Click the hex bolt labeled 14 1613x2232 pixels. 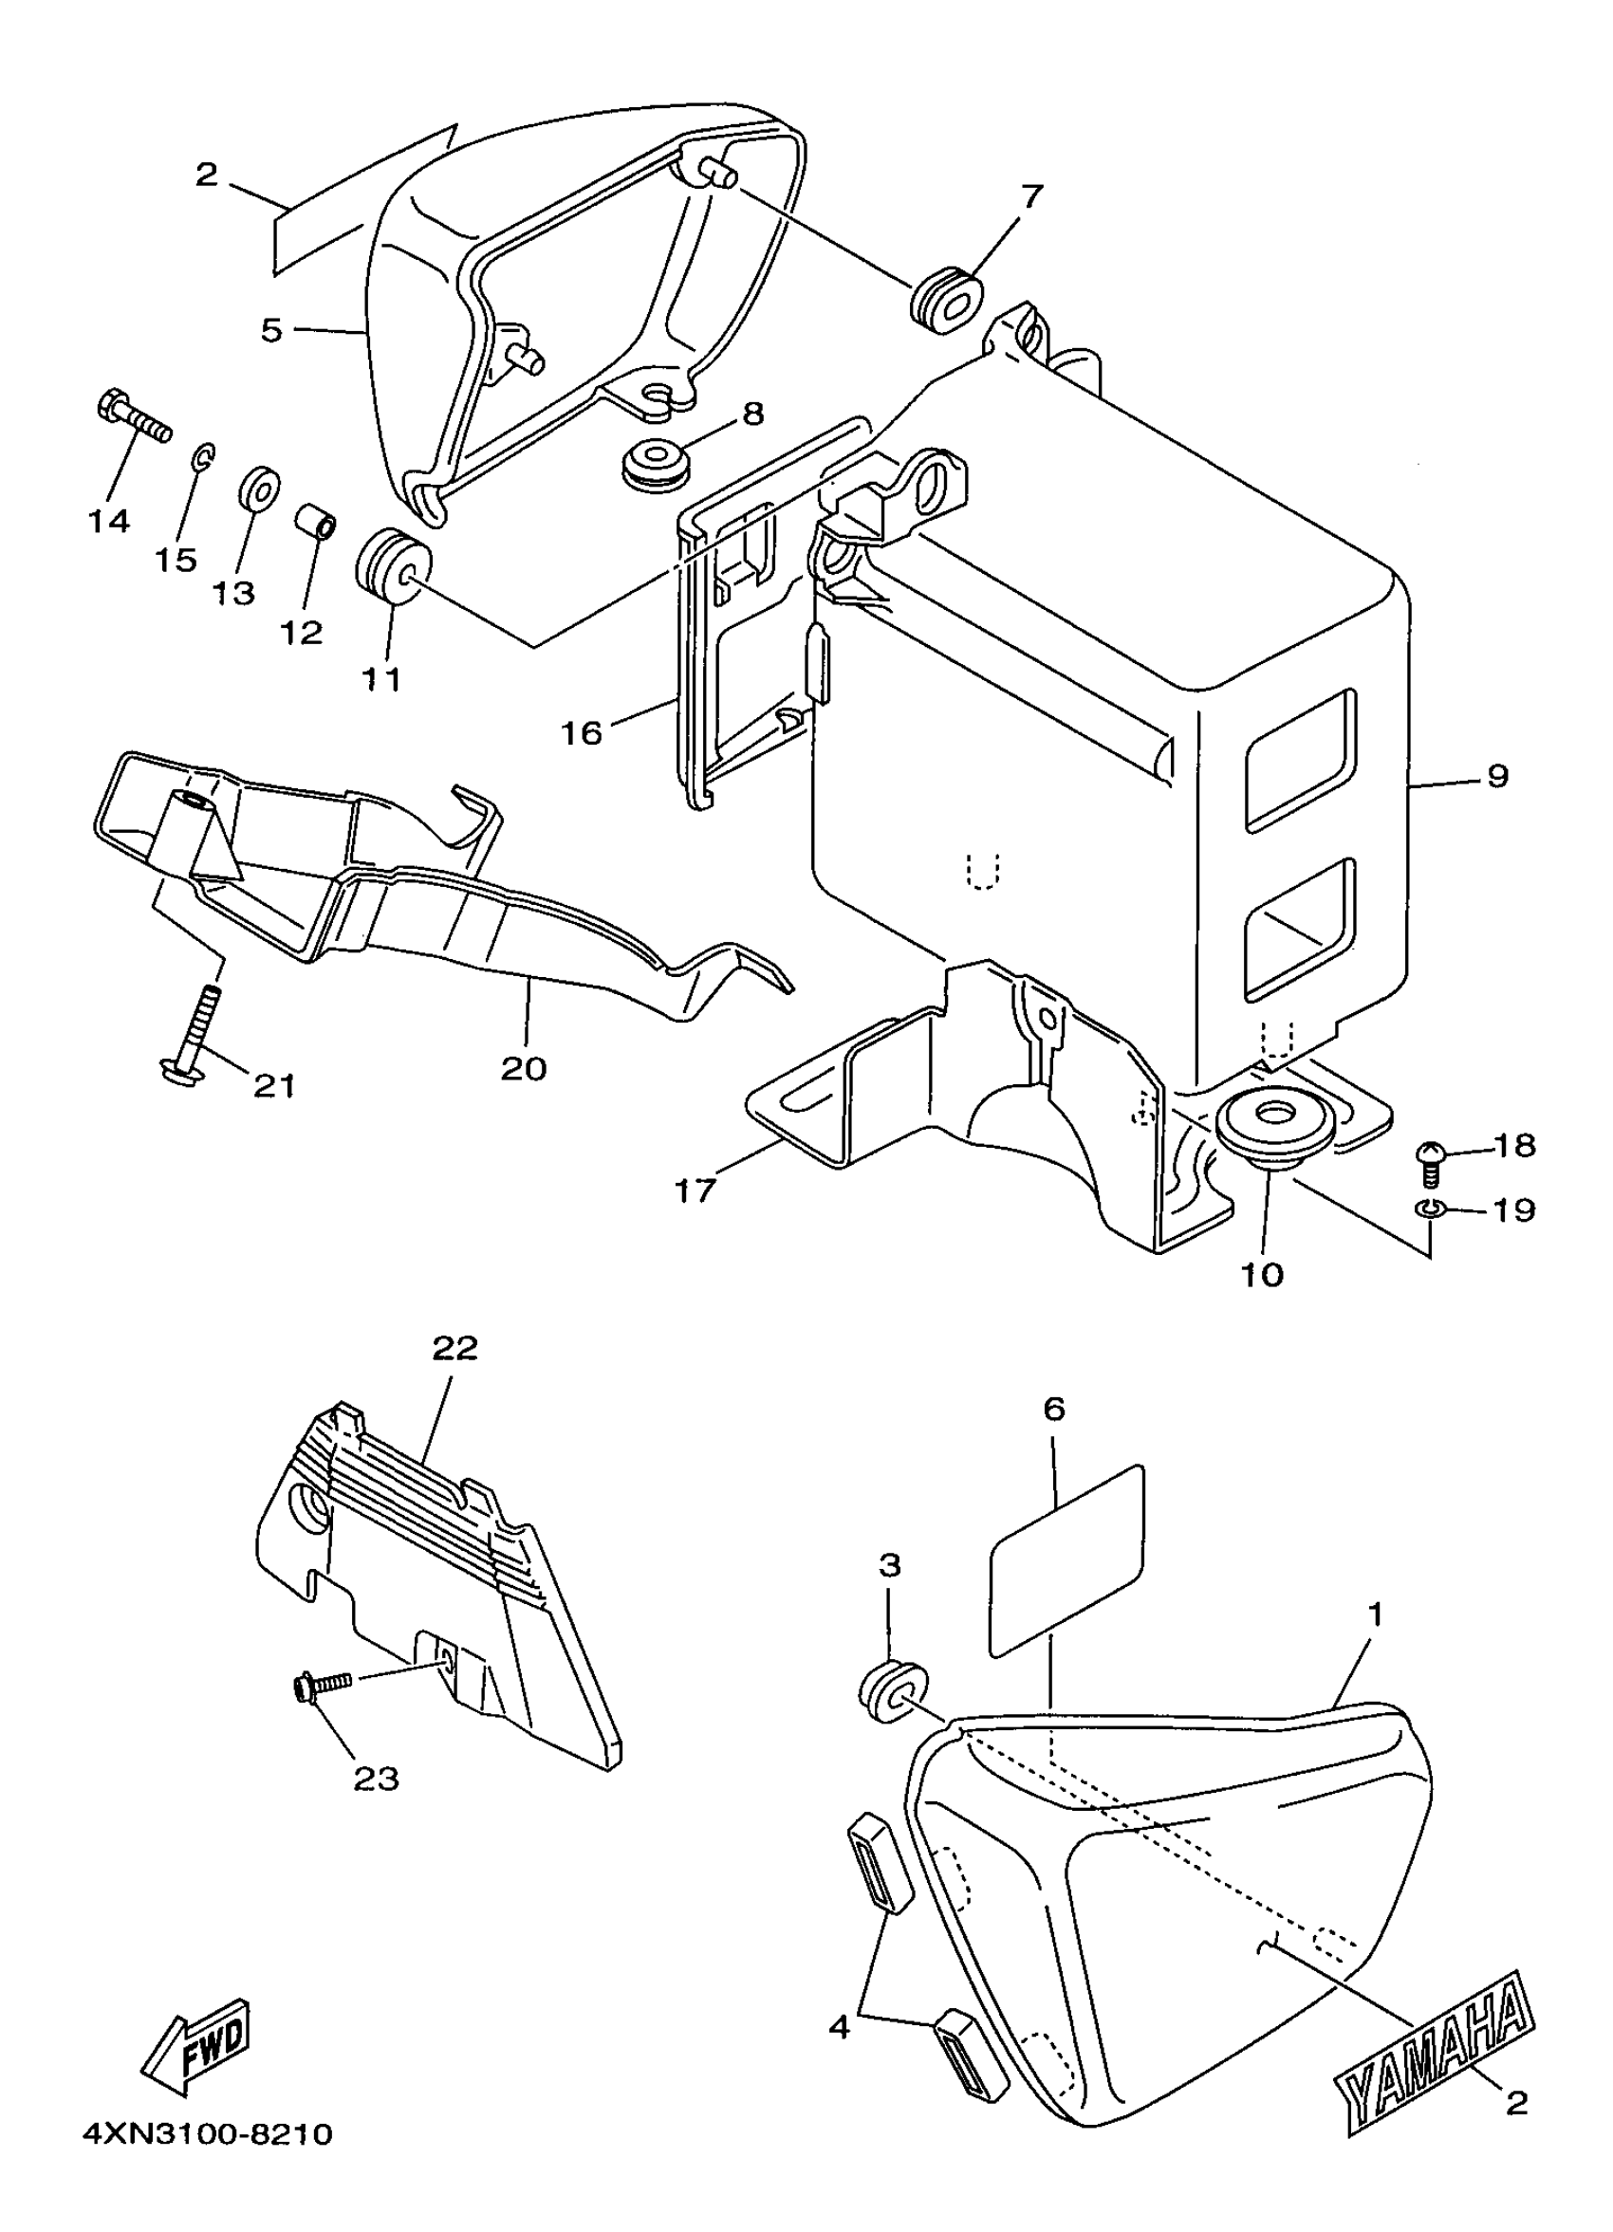coord(133,419)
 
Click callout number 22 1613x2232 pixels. coord(454,1347)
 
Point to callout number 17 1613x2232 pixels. coord(695,1191)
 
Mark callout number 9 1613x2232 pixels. coord(1498,777)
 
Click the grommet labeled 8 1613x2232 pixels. coord(656,465)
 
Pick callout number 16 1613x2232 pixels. coord(582,732)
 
